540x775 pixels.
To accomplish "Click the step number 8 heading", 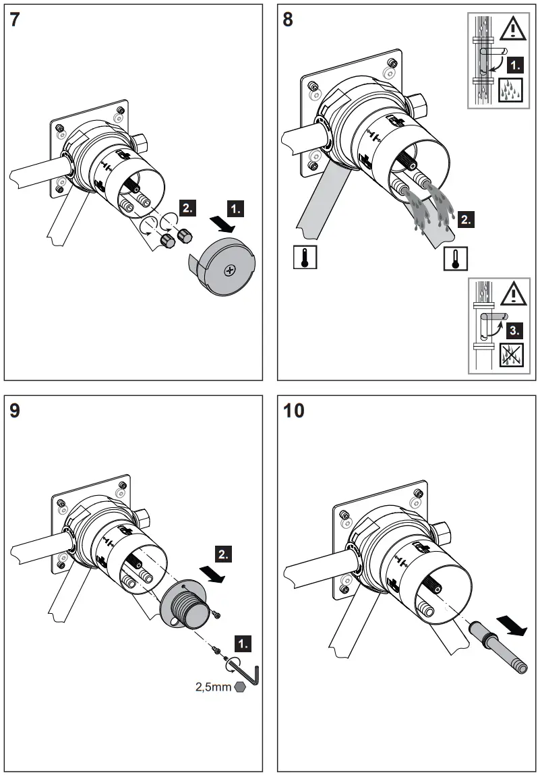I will [x=288, y=20].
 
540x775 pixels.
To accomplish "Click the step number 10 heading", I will [x=294, y=410].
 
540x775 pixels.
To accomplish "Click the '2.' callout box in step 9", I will [x=224, y=554].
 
